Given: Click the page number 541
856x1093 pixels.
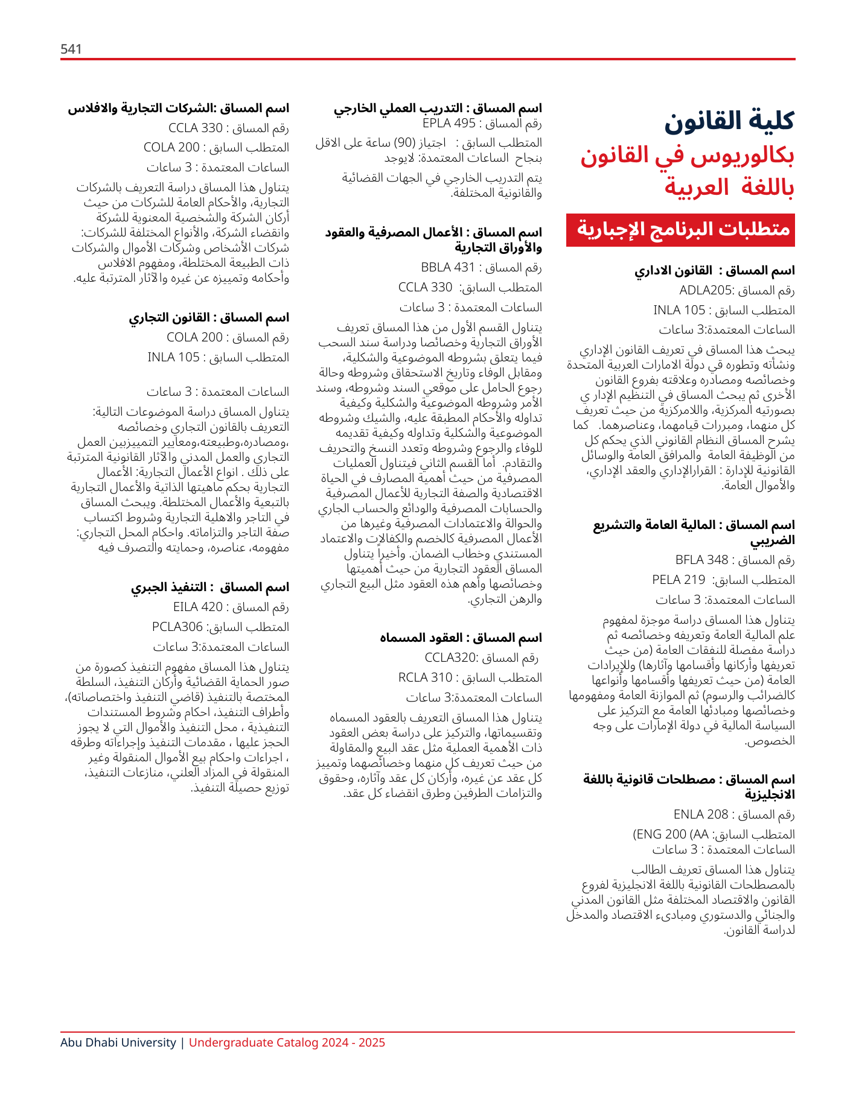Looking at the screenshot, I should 71,49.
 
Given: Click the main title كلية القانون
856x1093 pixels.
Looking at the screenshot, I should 729,121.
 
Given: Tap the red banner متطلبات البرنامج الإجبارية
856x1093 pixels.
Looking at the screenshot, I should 680,230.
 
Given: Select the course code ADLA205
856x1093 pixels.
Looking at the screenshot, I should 705,290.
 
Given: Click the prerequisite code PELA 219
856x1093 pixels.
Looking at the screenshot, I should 679,580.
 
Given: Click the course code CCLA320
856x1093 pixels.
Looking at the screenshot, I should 451,657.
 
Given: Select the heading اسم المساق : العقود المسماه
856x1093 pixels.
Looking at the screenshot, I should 461,638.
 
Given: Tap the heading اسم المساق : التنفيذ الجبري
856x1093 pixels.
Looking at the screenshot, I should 210,587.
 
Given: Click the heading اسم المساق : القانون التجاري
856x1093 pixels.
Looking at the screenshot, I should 209,317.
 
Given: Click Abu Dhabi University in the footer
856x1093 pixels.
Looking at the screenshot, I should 118,1042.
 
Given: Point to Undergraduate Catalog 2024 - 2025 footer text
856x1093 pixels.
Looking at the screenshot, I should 287,1042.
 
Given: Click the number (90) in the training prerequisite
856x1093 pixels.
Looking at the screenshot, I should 403,143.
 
